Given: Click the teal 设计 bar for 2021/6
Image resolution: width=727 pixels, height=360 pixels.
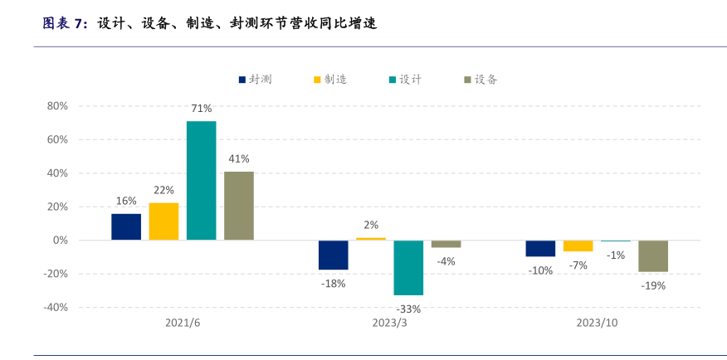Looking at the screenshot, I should [201, 181].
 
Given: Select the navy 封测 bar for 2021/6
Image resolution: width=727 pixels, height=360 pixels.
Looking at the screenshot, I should [126, 226].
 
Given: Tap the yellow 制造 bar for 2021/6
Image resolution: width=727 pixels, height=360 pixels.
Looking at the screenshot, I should [163, 221].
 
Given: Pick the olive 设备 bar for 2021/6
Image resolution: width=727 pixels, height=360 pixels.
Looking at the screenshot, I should [239, 206].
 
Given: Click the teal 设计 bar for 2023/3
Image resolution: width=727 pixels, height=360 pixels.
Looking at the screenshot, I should [408, 268].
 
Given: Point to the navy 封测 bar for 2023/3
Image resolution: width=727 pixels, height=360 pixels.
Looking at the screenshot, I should [334, 255].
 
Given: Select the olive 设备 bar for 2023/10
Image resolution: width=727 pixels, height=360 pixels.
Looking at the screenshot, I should [653, 256].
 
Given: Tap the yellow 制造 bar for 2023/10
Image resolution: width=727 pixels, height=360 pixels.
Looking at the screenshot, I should [578, 246].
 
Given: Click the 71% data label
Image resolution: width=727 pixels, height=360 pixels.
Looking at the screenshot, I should [202, 109].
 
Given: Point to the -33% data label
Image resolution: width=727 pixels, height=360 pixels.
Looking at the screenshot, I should [408, 309].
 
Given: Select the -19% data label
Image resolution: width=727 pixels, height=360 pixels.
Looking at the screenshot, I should [653, 285].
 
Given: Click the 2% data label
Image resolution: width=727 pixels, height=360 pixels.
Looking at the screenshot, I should [371, 225].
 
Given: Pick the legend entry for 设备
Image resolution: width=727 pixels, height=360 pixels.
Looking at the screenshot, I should [481, 80].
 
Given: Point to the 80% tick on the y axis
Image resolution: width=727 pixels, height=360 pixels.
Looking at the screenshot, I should [56, 106].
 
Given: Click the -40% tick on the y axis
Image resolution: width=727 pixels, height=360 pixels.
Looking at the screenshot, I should [55, 307].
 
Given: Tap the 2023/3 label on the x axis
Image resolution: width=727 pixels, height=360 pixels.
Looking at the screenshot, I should [389, 323].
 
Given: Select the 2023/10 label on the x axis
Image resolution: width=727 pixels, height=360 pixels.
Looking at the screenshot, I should [598, 323].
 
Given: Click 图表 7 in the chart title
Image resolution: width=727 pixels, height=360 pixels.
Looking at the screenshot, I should [63, 23].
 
